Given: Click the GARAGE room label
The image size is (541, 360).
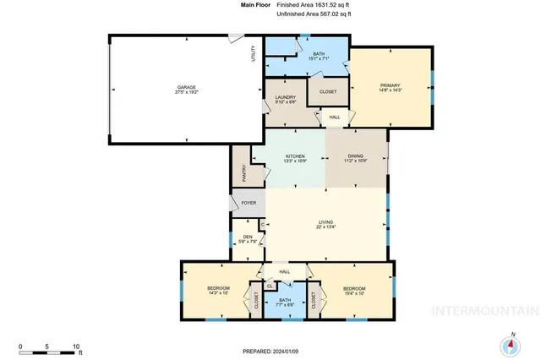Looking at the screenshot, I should [x=186, y=87].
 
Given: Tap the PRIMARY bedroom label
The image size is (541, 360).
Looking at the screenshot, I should [x=390, y=85].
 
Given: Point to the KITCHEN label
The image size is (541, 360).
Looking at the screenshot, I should [x=295, y=155].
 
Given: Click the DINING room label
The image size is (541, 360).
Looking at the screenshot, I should [x=356, y=155].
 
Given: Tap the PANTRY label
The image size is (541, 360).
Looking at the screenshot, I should [x=243, y=172].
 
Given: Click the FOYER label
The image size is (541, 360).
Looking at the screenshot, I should [x=249, y=203].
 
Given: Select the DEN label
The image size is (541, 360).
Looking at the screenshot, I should [x=248, y=236].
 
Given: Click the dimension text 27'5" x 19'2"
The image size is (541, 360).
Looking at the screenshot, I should [x=186, y=93].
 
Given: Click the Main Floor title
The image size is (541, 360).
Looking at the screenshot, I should [x=219, y=6].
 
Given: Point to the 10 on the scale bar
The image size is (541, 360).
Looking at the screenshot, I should [x=77, y=347].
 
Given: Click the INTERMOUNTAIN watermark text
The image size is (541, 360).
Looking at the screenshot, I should [x=483, y=310].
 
